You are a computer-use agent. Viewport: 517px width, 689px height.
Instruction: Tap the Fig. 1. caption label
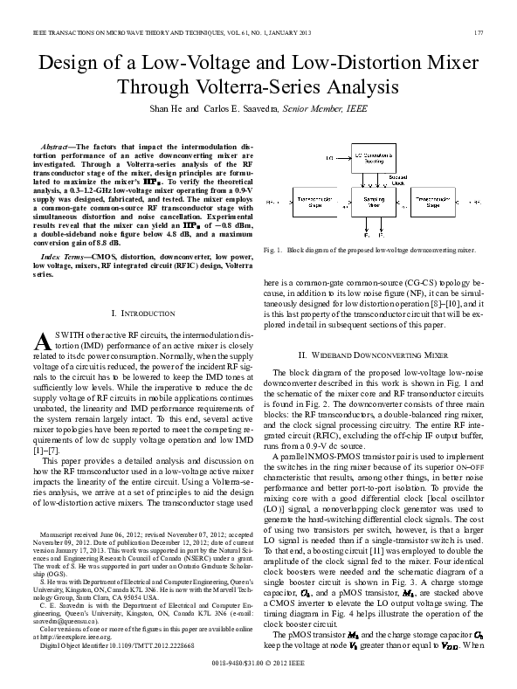272,250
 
